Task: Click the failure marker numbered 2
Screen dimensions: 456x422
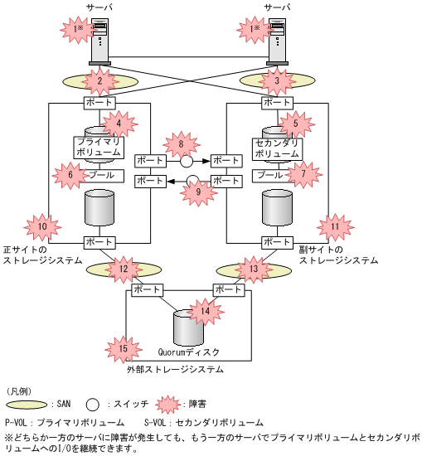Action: [99, 80]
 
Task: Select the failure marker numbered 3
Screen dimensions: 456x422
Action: [278, 80]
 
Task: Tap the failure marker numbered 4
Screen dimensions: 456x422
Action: [119, 125]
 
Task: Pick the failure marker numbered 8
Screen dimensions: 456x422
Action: [181, 144]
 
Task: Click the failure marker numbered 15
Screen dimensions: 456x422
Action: [124, 349]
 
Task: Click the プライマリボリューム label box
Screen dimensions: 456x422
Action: [99, 148]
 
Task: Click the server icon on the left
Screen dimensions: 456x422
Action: [101, 42]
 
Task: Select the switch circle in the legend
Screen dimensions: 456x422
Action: [93, 404]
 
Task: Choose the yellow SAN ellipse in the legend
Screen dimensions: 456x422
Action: [27, 404]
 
